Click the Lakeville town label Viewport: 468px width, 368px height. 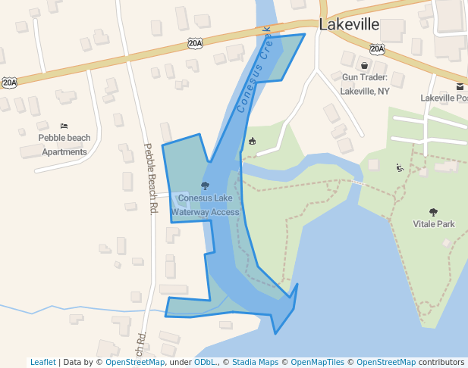pos(349,24)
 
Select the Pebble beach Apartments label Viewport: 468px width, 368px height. pos(64,145)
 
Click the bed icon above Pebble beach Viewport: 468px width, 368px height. pos(64,126)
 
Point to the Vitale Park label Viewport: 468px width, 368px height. pos(433,224)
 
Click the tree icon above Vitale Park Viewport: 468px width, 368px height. pos(433,212)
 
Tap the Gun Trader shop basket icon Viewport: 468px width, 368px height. pos(364,66)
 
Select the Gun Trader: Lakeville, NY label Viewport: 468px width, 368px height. pos(364,84)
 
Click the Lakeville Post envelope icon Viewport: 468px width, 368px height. pos(460,87)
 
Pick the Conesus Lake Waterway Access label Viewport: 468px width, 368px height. pos(205,205)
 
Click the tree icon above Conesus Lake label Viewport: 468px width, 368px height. pos(205,186)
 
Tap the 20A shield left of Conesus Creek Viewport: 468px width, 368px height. pos(195,44)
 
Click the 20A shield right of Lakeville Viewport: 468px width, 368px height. pos(377,48)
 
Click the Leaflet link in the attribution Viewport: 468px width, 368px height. pos(42,362)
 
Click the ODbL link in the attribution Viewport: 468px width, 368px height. pos(206,362)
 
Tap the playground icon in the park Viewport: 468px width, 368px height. pos(400,167)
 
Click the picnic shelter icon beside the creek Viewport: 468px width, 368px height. pos(252,141)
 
